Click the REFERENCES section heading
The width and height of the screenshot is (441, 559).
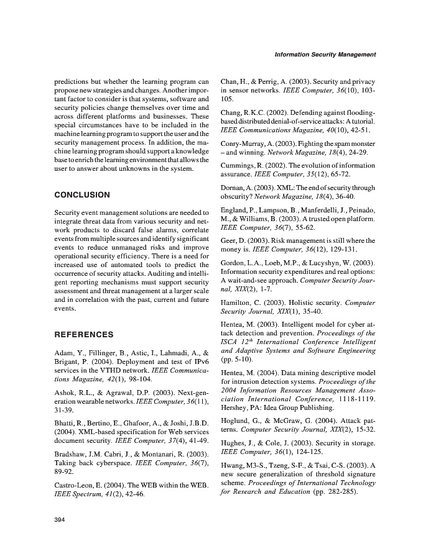click(84, 335)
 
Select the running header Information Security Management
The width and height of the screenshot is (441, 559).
click(325, 55)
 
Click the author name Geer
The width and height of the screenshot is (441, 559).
click(230, 240)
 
